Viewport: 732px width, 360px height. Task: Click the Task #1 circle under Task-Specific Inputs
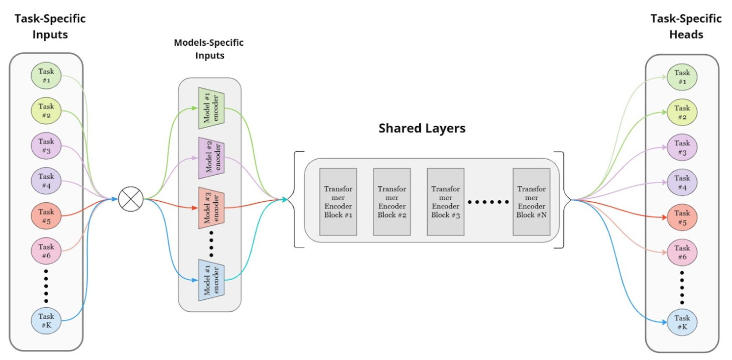pos(46,75)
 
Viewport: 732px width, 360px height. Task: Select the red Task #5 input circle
pos(46,216)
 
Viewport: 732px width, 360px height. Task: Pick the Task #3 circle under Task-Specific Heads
pos(682,147)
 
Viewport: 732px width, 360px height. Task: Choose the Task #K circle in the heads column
pos(682,322)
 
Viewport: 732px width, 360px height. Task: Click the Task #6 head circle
pos(682,252)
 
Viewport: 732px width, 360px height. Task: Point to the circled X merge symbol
pos(131,199)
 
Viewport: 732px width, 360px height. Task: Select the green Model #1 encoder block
pos(211,108)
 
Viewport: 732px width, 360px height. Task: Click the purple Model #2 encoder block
pos(211,157)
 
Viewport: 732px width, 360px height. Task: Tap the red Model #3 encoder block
pos(211,207)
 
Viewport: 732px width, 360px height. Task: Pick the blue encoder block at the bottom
pos(211,280)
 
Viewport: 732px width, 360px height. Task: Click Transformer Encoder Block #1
pos(338,202)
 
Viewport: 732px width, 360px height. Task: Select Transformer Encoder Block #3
pos(445,202)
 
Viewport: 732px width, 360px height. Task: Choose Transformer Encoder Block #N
pos(531,202)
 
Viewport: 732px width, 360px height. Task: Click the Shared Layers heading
pos(422,128)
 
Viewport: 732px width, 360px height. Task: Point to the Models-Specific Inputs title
pos(209,49)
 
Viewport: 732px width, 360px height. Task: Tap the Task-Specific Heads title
pos(686,27)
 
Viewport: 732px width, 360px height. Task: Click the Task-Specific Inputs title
pos(50,27)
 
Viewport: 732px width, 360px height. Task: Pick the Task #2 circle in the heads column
pos(682,112)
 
